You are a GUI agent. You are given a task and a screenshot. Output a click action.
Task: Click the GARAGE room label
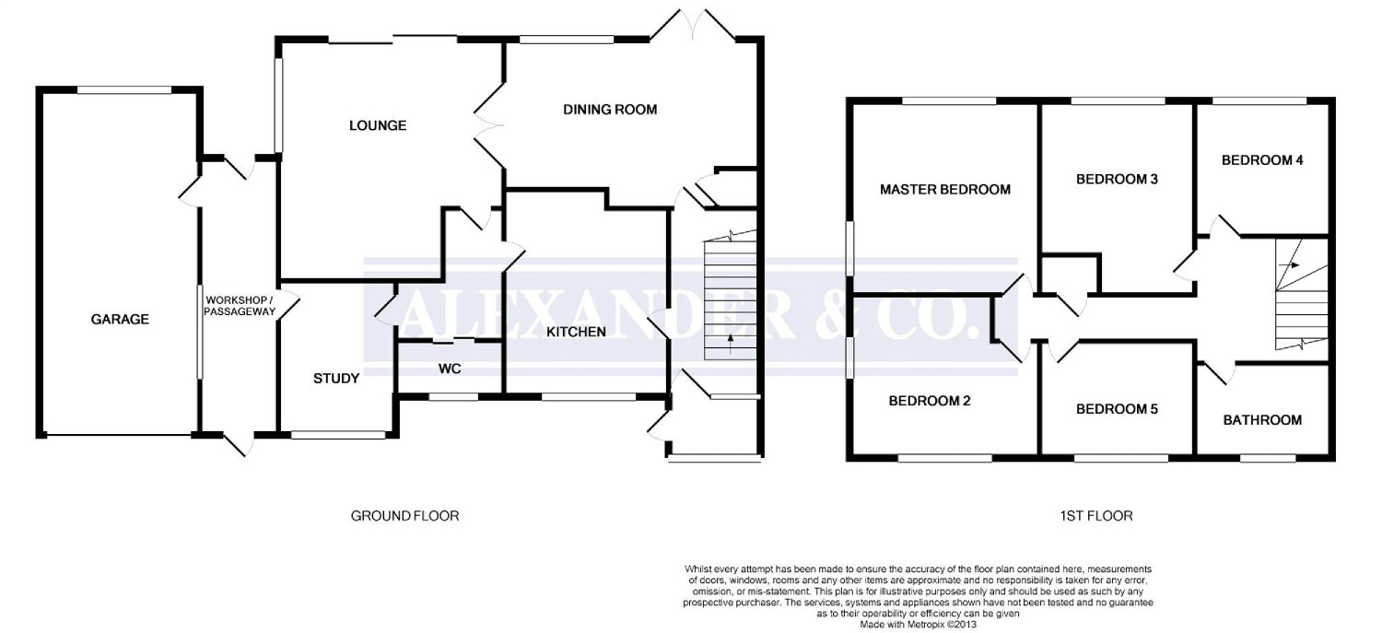tap(120, 319)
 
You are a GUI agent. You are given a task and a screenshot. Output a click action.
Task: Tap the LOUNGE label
tap(378, 126)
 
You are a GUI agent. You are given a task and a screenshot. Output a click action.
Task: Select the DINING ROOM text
tap(610, 110)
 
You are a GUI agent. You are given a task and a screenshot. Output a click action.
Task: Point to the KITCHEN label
tap(576, 332)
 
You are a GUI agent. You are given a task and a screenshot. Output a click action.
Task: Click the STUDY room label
tap(336, 378)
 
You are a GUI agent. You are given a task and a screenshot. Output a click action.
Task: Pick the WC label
tap(450, 369)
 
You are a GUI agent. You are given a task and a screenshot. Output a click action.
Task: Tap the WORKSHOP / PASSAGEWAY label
tap(240, 306)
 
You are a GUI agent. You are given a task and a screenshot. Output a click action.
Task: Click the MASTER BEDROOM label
tap(945, 190)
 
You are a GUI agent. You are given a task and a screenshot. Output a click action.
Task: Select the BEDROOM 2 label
tap(929, 401)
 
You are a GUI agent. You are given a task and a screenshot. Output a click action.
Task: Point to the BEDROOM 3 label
tap(1117, 180)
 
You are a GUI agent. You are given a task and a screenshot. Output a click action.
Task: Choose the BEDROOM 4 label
tap(1262, 160)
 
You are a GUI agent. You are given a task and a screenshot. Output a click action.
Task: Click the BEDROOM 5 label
tap(1117, 409)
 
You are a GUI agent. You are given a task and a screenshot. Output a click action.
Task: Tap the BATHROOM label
tap(1262, 420)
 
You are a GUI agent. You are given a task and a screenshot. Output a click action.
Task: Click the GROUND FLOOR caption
tap(404, 516)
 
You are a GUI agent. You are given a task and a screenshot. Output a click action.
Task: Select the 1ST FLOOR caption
tap(1095, 516)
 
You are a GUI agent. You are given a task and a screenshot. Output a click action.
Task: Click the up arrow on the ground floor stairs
tap(731, 344)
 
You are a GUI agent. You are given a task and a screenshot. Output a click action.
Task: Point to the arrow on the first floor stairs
tap(1290, 265)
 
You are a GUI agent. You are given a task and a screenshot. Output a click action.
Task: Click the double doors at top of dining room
tap(694, 25)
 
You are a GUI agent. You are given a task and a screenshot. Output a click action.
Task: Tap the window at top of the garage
tap(124, 90)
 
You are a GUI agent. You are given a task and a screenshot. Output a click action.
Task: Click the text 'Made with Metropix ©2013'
tap(918, 625)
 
